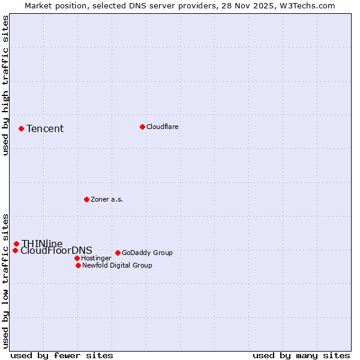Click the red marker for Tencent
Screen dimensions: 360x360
[21, 128]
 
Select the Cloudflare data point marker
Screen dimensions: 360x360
[142, 127]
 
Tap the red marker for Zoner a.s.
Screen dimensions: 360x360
[86, 199]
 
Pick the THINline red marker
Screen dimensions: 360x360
[16, 244]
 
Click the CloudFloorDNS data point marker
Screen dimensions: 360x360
[15, 250]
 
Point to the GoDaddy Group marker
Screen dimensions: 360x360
[118, 253]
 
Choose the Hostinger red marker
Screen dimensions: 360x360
[77, 258]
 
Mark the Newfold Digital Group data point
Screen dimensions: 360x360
[78, 265]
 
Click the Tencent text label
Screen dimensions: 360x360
[45, 128]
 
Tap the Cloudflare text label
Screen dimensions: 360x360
[163, 127]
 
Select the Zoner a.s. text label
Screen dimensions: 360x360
[107, 199]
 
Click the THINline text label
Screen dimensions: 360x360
[42, 244]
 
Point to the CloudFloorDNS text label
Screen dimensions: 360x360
[56, 251]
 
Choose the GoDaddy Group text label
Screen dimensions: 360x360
[147, 253]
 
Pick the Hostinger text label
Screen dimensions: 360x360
[96, 258]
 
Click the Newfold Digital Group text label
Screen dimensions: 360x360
[117, 265]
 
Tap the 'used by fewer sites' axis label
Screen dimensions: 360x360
[62, 355]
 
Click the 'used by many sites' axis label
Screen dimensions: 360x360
[301, 355]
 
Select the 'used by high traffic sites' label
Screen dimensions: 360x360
[6, 86]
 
